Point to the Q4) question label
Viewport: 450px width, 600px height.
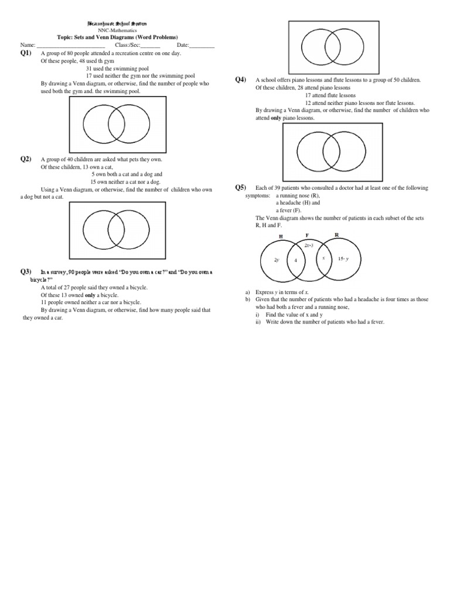click(240, 80)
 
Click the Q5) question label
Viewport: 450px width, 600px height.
click(240, 187)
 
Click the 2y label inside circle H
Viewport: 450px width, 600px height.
click(277, 259)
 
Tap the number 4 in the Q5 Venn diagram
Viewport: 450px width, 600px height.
click(296, 260)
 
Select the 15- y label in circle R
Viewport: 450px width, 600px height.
click(343, 258)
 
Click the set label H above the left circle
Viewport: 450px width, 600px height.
click(281, 236)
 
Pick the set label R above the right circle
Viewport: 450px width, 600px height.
click(336, 234)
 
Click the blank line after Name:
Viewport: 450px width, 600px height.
click(71, 45)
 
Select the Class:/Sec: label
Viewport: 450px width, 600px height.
click(128, 45)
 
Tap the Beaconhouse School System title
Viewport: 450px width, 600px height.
click(118, 23)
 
